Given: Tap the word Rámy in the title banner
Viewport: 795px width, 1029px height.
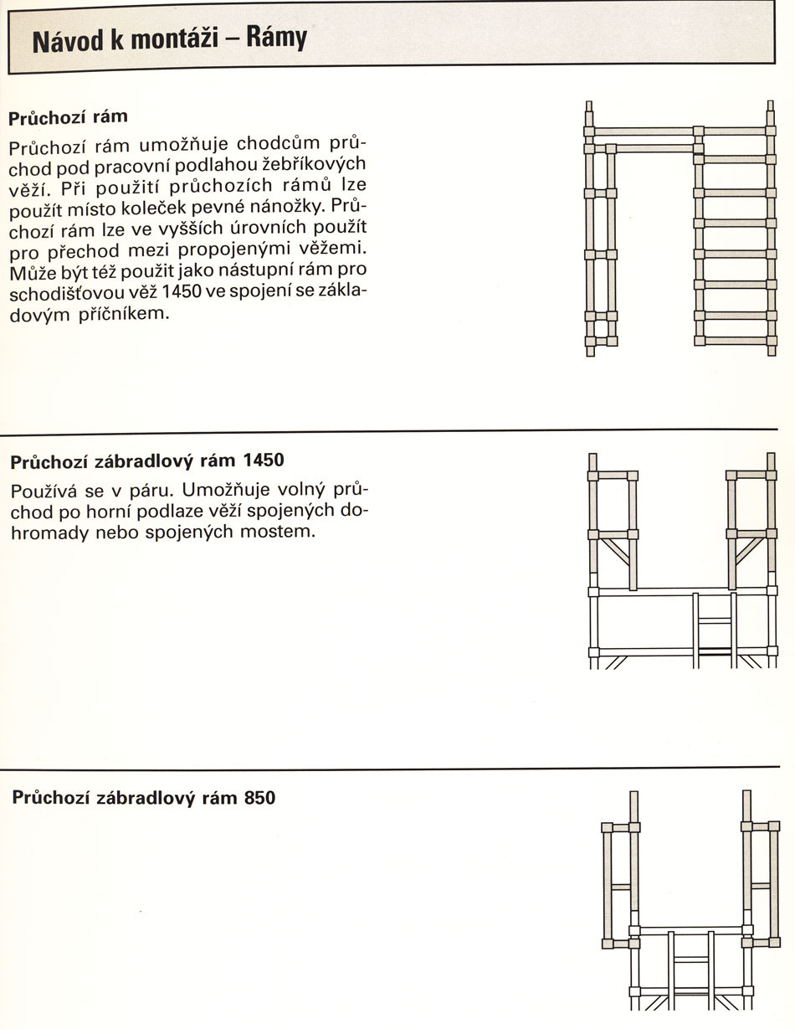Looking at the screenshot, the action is point(277,38).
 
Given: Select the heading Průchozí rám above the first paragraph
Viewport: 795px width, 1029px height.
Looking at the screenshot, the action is point(68,117).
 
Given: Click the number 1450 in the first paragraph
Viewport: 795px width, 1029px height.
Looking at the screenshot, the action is point(182,291).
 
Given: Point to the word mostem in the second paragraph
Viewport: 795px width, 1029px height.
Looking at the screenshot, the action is point(278,532).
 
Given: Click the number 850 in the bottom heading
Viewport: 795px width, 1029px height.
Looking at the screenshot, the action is point(259,797).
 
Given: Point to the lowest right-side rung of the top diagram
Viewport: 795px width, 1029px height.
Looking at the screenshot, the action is point(735,341).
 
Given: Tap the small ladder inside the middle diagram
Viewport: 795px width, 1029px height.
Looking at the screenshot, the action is point(715,630).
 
